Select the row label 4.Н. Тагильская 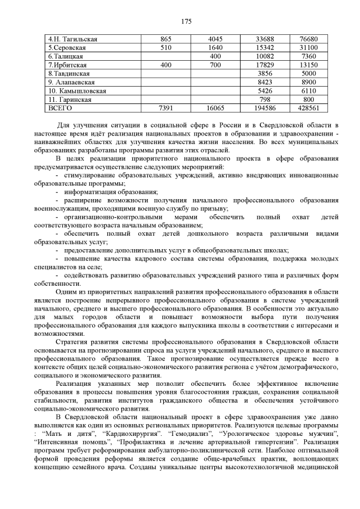click(x=73, y=39)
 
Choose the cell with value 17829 click(x=264, y=65)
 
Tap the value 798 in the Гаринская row click(x=264, y=100)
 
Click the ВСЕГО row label click(x=61, y=108)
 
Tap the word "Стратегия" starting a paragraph click(x=75, y=342)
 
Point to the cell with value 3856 click(x=264, y=74)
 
